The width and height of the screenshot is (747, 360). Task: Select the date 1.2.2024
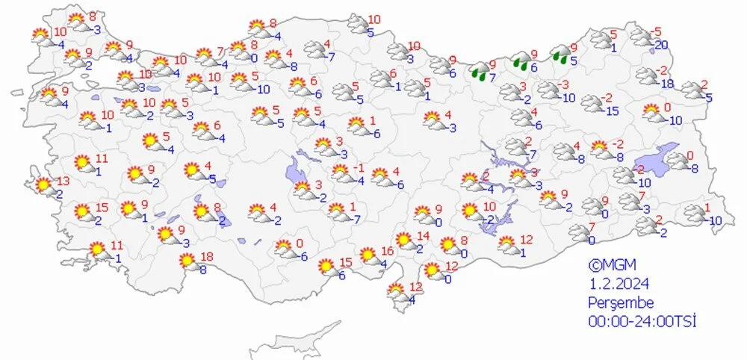click(x=619, y=284)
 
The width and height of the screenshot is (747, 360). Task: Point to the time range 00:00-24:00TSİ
click(x=642, y=321)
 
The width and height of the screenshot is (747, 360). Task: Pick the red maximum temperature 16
click(x=387, y=251)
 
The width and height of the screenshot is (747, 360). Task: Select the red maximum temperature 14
click(x=424, y=237)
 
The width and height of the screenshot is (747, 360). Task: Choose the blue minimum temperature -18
click(x=667, y=83)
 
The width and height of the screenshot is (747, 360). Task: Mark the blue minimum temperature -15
click(x=612, y=111)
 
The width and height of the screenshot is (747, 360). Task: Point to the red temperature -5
click(x=657, y=32)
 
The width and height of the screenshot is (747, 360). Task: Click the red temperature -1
click(x=359, y=167)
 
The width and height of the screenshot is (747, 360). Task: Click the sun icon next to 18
click(x=188, y=261)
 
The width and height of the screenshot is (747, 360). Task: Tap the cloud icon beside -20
click(x=639, y=37)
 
